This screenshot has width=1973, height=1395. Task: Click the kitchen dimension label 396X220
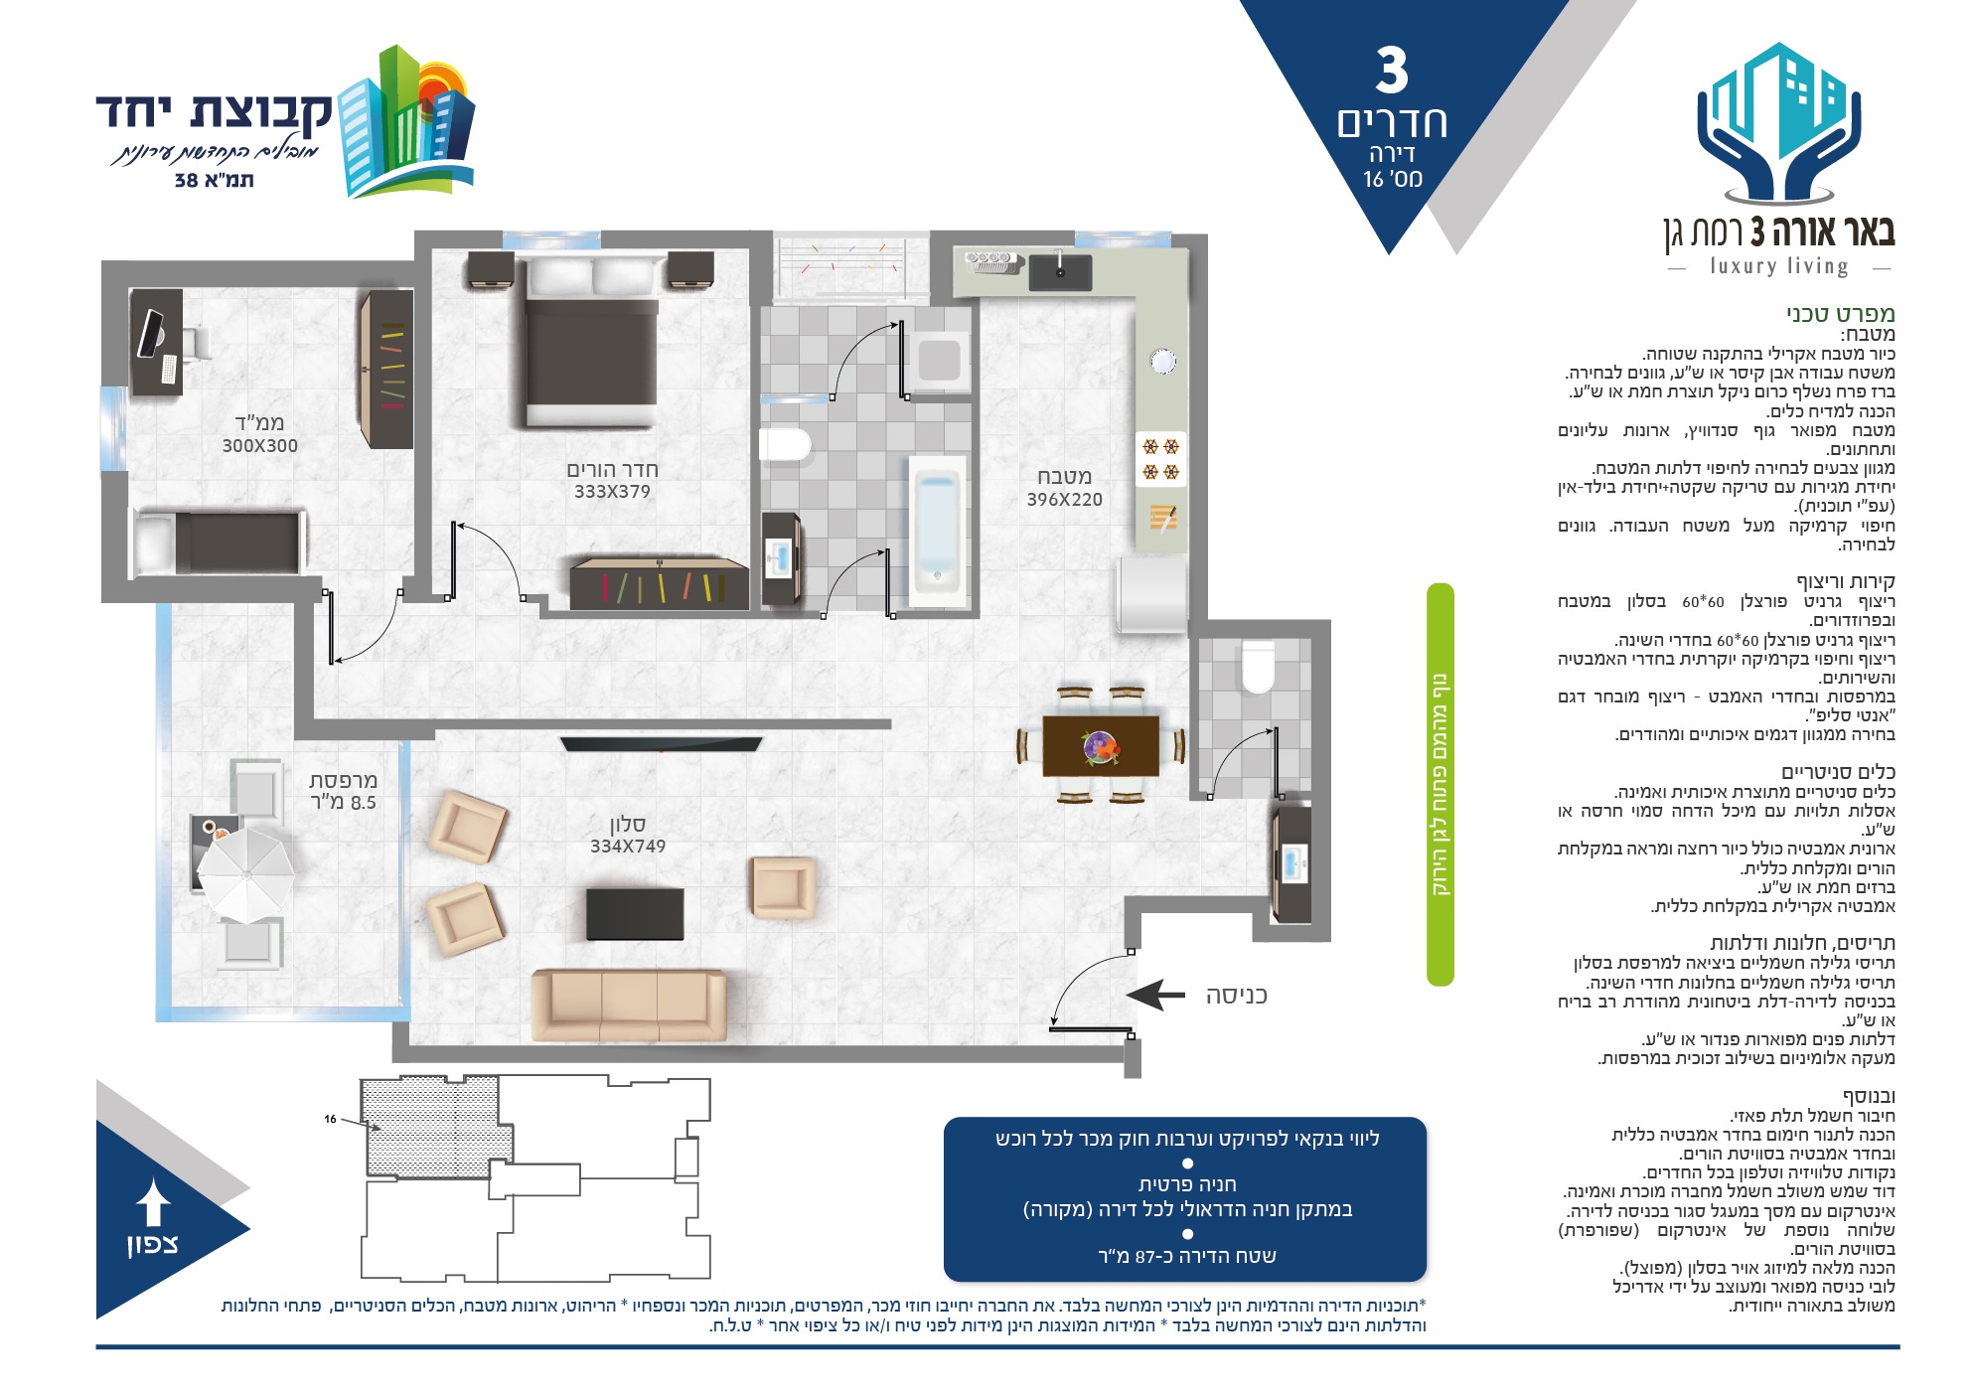(x=1064, y=500)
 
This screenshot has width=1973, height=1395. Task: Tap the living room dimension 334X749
(x=628, y=847)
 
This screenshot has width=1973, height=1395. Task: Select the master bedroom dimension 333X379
(x=612, y=492)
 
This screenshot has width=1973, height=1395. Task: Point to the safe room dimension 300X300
(x=259, y=446)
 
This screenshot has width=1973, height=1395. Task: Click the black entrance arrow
(x=1155, y=995)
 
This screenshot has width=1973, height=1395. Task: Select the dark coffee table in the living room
(x=635, y=914)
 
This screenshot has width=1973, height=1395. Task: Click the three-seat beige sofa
(x=629, y=1005)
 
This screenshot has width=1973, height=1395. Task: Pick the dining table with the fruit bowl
(x=1101, y=746)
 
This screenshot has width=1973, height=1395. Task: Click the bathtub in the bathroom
(x=936, y=531)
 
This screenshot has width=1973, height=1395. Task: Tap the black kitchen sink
(x=1060, y=271)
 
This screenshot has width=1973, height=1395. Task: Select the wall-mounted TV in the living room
(x=661, y=743)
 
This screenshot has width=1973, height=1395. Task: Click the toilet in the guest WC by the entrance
(x=1258, y=666)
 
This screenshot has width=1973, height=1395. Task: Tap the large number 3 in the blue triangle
(x=1392, y=71)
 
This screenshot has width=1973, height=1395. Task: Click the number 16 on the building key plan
(x=330, y=1119)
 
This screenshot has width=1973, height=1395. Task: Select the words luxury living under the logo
(x=1779, y=266)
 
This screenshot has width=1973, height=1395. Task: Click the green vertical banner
(x=1440, y=785)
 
